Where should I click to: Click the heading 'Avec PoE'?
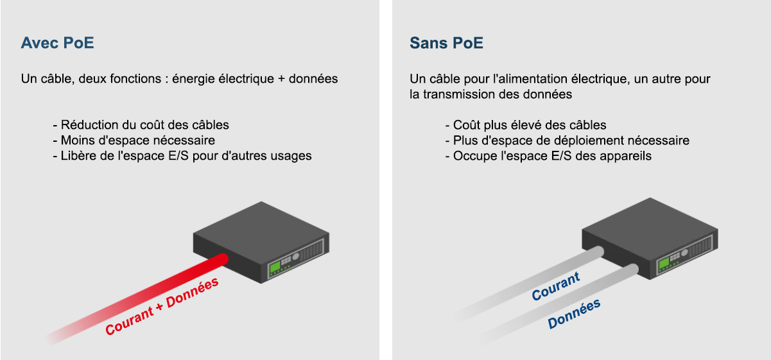pyautogui.click(x=58, y=43)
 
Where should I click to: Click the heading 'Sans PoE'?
pyautogui.click(x=446, y=43)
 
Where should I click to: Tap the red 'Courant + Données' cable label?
pyautogui.click(x=162, y=306)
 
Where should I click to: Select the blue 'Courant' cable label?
pyautogui.click(x=556, y=286)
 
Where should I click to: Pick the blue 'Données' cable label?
pyautogui.click(x=574, y=314)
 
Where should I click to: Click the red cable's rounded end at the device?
pyautogui.click(x=223, y=259)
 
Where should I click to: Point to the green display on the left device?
pyautogui.click(x=275, y=267)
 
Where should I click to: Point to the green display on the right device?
pyautogui.click(x=664, y=263)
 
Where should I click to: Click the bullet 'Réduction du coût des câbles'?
pyautogui.click(x=141, y=124)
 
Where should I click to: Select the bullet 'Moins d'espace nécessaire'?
pyautogui.click(x=134, y=141)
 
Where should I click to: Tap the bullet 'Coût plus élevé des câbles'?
pyautogui.click(x=526, y=125)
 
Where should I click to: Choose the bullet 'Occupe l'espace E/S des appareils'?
pyautogui.click(x=548, y=156)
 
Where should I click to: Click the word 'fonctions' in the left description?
pyautogui.click(x=135, y=79)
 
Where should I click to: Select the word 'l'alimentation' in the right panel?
pyautogui.click(x=530, y=79)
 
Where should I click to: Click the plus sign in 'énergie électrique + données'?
pyautogui.click(x=282, y=80)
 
